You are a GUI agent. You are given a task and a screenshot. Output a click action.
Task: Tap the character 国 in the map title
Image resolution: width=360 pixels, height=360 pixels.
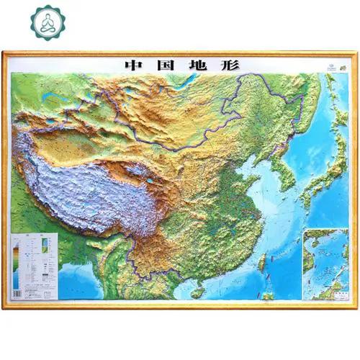tap(167, 63)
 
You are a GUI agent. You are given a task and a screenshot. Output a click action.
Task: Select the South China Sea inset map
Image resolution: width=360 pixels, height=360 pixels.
tap(325, 263)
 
